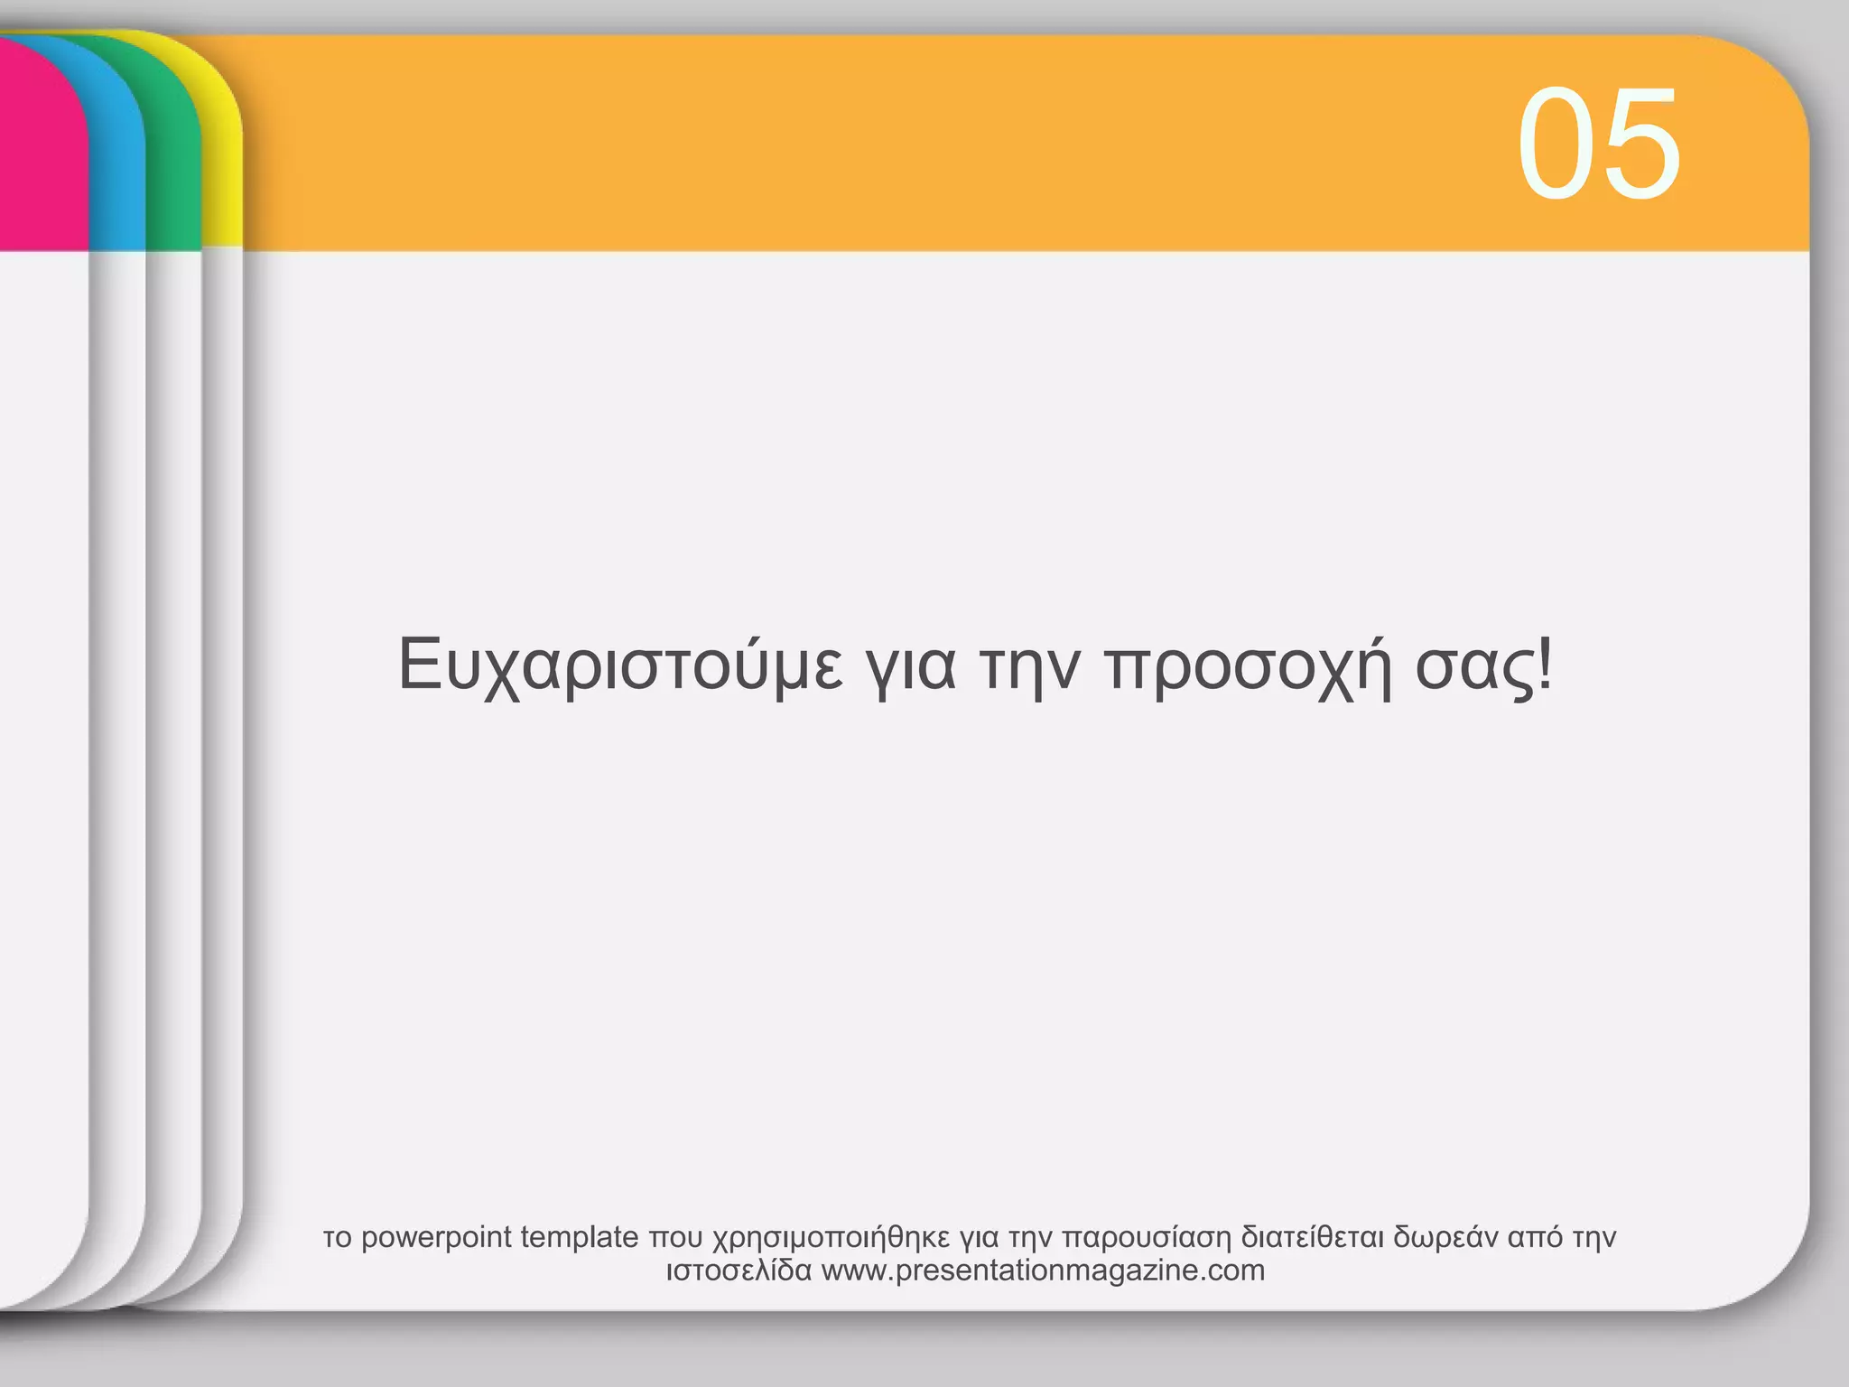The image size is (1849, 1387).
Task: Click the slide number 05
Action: (1598, 144)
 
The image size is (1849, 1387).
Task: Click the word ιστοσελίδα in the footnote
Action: (739, 1271)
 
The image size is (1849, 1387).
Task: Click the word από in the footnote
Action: (1535, 1237)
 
